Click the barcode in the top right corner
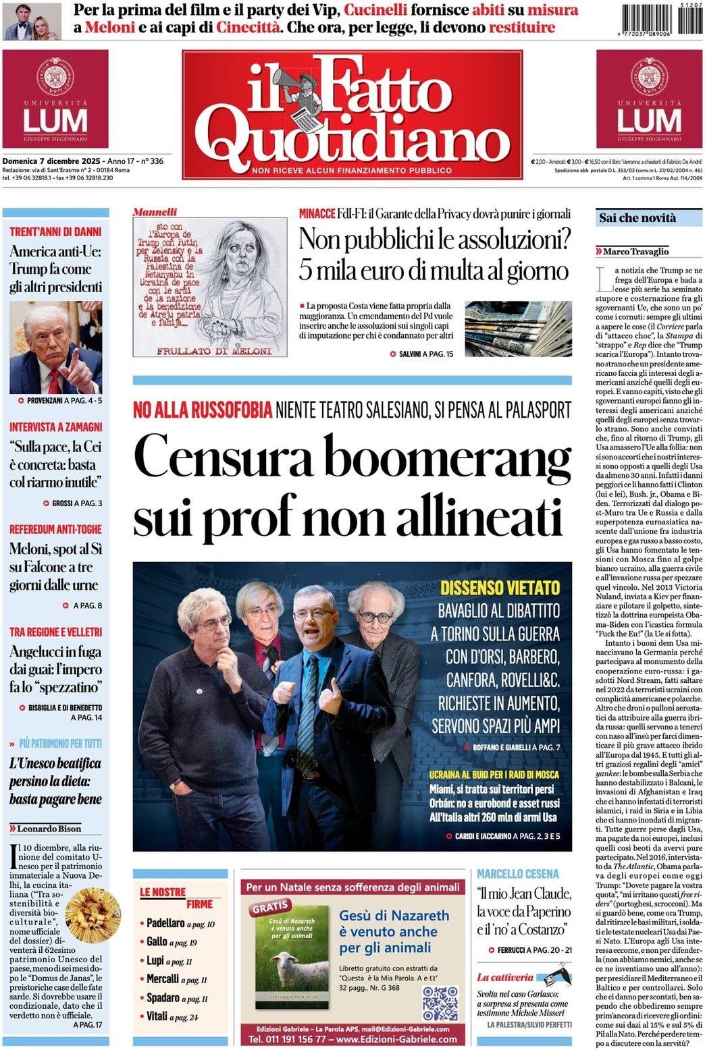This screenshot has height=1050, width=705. click(x=660, y=20)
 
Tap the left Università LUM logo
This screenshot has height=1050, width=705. click(x=55, y=99)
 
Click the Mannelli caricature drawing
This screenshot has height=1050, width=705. click(x=210, y=286)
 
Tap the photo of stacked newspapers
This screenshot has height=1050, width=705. click(x=518, y=329)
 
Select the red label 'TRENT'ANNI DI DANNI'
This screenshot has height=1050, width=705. click(x=55, y=231)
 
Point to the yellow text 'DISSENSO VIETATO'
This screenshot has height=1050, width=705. click(x=500, y=587)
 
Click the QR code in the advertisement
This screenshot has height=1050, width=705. click(x=440, y=1003)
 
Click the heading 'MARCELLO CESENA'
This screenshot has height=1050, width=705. click(x=518, y=874)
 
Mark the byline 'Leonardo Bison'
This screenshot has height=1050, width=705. click(x=49, y=829)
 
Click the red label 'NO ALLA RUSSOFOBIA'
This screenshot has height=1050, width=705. click(x=203, y=410)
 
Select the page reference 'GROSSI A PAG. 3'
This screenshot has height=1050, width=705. click(x=77, y=503)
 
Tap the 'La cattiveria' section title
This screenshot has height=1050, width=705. click(x=505, y=977)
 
